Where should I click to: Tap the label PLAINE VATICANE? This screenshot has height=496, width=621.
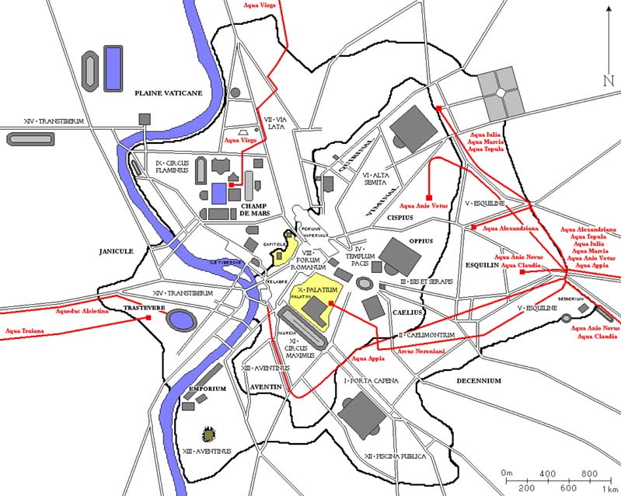[169, 93]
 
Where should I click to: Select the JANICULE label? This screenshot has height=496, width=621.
[117, 251]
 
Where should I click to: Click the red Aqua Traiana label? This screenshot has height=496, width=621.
[24, 331]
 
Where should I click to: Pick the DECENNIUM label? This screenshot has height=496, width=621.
[479, 381]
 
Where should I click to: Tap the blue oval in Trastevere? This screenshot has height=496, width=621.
[183, 320]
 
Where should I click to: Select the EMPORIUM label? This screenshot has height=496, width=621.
[207, 389]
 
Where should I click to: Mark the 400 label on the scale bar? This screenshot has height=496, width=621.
[549, 473]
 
